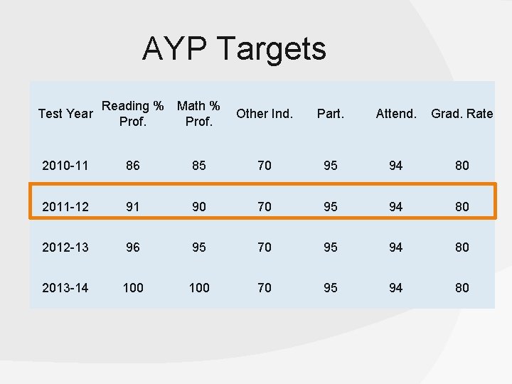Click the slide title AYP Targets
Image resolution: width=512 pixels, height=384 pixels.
(234, 49)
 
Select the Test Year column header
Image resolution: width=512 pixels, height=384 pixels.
(65, 114)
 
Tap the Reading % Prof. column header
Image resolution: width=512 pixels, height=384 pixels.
(133, 114)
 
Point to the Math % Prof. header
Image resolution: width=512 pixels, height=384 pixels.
(198, 114)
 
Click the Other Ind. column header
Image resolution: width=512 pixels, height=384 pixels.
(265, 114)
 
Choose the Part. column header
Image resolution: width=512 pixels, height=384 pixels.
(330, 114)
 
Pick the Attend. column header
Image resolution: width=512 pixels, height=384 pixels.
(396, 114)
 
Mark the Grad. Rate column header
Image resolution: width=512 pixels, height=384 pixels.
(462, 114)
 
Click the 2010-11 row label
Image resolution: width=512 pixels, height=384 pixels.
(65, 166)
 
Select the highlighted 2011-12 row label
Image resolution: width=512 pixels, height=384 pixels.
(65, 207)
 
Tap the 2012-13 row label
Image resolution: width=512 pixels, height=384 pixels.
(65, 247)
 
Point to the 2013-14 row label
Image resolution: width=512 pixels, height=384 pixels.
(65, 288)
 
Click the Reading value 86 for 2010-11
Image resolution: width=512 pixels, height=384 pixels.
(133, 166)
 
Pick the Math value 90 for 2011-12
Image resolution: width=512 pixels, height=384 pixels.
(199, 207)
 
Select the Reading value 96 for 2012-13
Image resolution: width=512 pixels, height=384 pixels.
(133, 247)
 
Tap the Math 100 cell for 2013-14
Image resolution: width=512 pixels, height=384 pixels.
(199, 288)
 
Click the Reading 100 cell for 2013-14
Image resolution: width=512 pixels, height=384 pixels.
(133, 288)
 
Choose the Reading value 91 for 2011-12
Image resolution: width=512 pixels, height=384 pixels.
(133, 207)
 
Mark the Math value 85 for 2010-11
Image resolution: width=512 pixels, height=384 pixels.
(199, 166)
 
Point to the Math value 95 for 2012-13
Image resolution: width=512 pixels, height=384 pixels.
(199, 247)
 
